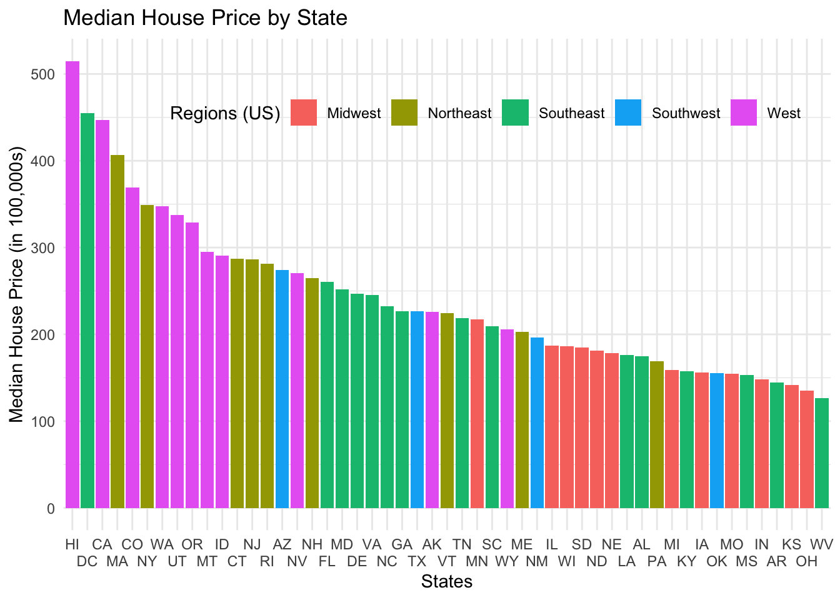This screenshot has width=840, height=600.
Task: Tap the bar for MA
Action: tap(117, 331)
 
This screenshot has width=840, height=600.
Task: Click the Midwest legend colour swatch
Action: tap(304, 112)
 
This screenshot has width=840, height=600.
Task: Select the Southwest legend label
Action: tap(686, 113)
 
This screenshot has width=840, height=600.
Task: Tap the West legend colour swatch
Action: tap(744, 112)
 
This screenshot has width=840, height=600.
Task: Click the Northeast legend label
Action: tap(459, 113)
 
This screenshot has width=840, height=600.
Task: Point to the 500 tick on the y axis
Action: tap(42, 74)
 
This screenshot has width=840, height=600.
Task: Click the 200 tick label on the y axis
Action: tap(42, 335)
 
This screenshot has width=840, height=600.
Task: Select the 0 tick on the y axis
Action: tap(51, 509)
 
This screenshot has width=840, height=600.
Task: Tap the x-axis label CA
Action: tap(102, 544)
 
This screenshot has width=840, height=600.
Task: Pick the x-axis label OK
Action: tap(717, 561)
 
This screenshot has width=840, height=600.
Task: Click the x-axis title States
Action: tap(447, 582)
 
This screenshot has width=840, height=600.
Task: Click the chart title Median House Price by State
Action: tap(205, 17)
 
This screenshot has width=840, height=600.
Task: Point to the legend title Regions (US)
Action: tap(225, 113)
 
